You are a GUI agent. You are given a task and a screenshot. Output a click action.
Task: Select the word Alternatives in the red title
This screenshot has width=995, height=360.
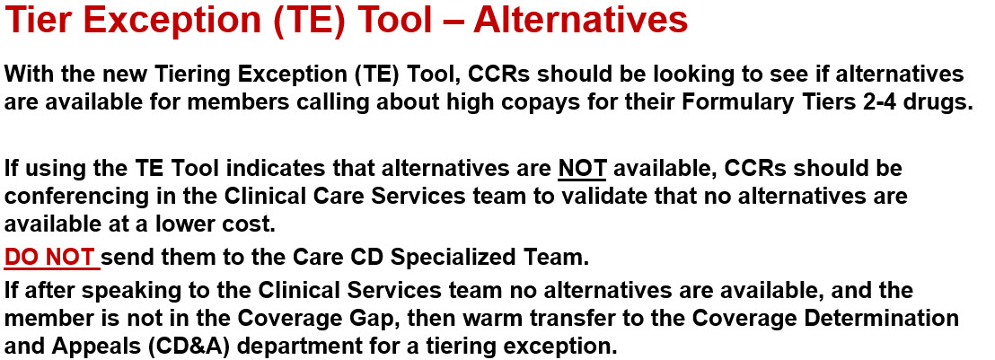click(580, 20)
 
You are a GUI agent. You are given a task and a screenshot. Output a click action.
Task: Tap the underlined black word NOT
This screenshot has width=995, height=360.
click(583, 168)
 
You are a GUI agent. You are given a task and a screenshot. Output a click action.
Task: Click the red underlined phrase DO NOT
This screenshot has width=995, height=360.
click(52, 259)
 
